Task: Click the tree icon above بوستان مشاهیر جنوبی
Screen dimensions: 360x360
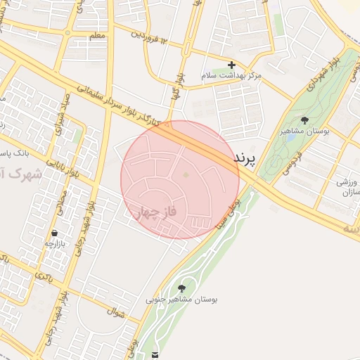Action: click(x=182, y=288)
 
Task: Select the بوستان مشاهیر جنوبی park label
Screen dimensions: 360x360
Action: click(x=182, y=300)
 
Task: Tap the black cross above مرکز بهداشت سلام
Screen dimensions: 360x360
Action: click(x=231, y=65)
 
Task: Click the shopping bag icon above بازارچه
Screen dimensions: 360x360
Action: click(x=54, y=233)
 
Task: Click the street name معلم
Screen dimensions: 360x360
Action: click(x=98, y=35)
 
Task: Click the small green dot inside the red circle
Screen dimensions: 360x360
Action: click(x=186, y=175)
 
